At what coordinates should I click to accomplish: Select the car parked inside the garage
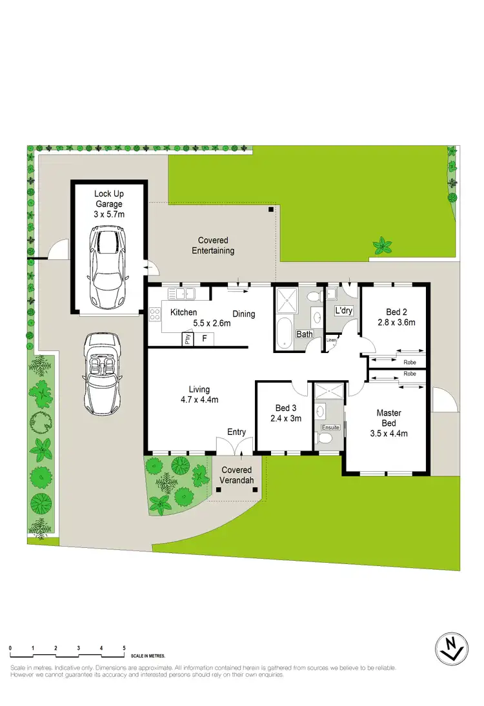[107, 267]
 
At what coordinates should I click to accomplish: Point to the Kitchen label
[183, 313]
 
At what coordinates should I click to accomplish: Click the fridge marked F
[205, 338]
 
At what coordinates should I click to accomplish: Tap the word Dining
[244, 314]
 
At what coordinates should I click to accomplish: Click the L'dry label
[343, 311]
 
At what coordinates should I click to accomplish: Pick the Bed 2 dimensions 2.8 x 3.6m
[396, 322]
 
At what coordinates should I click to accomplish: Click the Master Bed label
[389, 418]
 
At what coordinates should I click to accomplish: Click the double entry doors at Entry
[234, 445]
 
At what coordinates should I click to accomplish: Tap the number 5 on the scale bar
[124, 647]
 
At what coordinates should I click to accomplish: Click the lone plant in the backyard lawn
[382, 245]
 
